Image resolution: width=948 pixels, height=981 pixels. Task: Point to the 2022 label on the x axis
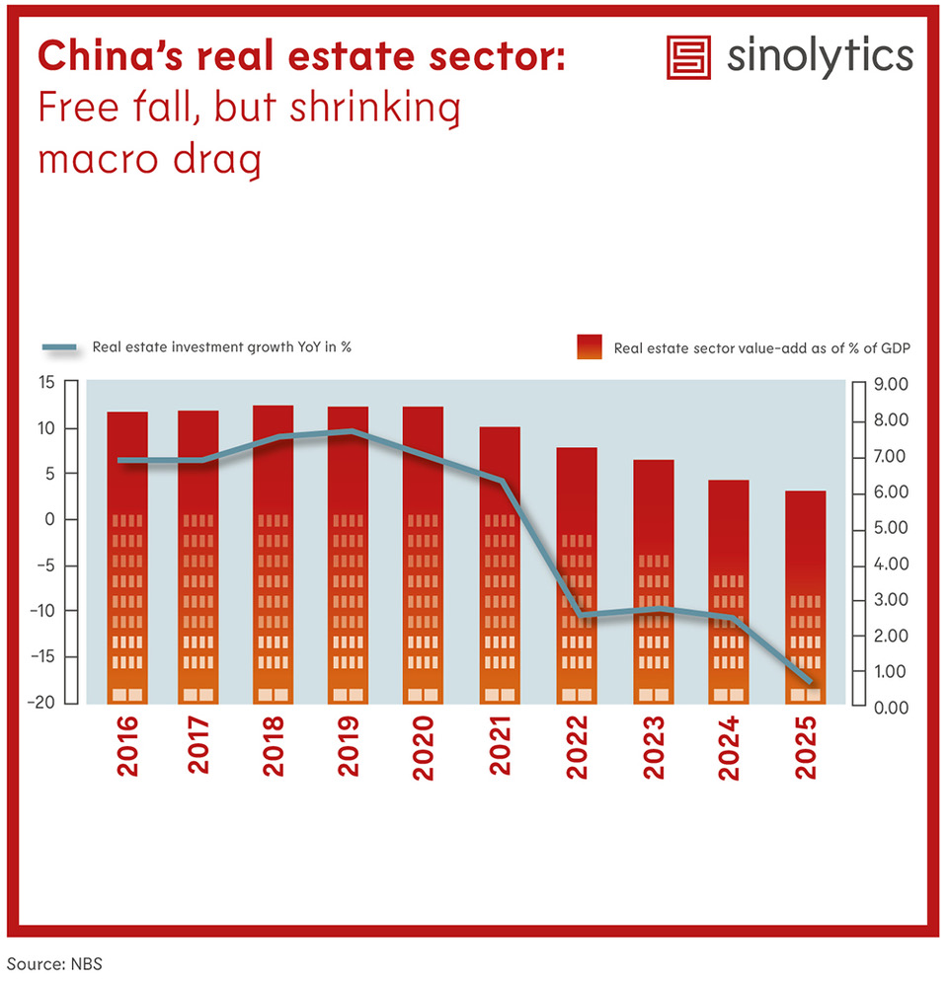pyautogui.click(x=577, y=747)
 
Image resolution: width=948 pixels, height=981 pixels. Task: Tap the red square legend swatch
pyautogui.click(x=590, y=346)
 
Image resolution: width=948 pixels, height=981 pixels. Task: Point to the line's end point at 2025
pyautogui.click(x=810, y=681)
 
